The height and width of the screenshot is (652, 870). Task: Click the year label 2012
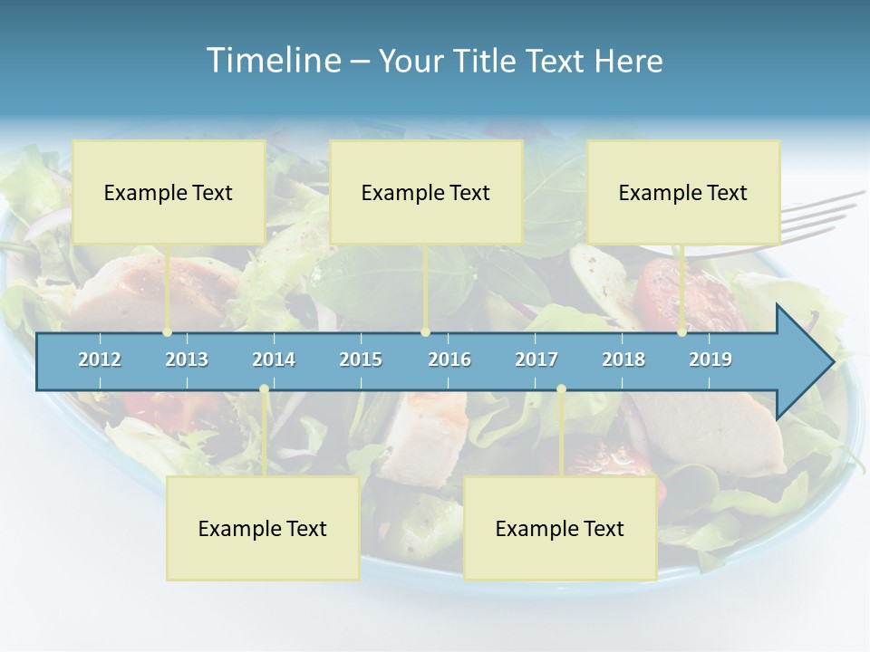pyautogui.click(x=100, y=360)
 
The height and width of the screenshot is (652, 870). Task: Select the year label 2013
pyautogui.click(x=187, y=360)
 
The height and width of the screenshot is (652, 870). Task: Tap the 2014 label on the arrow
pyautogui.click(x=274, y=360)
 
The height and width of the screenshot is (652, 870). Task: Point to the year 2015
pyautogui.click(x=361, y=360)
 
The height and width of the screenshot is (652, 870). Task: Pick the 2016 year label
pyautogui.click(x=449, y=360)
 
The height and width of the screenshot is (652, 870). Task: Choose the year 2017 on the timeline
pyautogui.click(x=536, y=360)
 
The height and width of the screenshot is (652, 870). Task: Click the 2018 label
pyautogui.click(x=623, y=360)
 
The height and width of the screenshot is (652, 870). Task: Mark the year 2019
pyautogui.click(x=710, y=360)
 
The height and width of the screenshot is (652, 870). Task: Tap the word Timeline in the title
pyautogui.click(x=273, y=61)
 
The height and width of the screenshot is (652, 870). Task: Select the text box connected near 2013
pyautogui.click(x=169, y=192)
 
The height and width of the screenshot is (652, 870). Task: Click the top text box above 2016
pyautogui.click(x=426, y=192)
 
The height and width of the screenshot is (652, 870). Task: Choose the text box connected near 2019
pyautogui.click(x=683, y=192)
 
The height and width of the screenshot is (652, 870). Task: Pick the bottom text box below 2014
pyautogui.click(x=263, y=528)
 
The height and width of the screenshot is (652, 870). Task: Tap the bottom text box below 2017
pyautogui.click(x=560, y=528)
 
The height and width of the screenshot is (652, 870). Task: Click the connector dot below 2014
pyautogui.click(x=264, y=389)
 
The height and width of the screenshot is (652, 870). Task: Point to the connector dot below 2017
pyautogui.click(x=561, y=389)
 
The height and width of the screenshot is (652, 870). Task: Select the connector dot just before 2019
pyautogui.click(x=681, y=332)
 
